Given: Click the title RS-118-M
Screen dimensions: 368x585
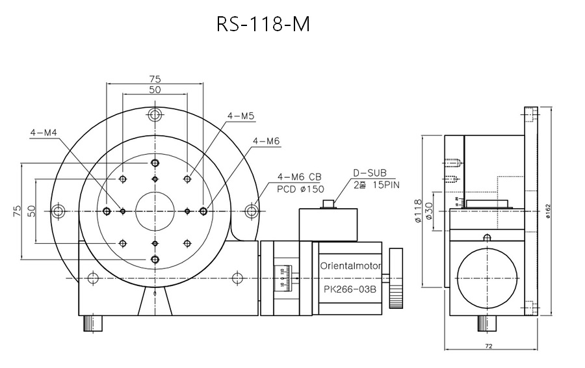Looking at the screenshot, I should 263,24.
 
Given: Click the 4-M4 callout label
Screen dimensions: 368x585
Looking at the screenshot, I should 44,133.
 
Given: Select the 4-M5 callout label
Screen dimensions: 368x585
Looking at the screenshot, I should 240,116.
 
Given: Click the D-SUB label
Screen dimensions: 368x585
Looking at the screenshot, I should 370,173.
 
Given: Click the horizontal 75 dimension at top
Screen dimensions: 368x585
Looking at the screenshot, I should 155,79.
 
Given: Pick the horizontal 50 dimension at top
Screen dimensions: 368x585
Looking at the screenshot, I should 155,90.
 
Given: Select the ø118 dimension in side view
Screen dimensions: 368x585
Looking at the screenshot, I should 417,211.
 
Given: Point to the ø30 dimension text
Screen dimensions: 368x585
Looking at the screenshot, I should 429,211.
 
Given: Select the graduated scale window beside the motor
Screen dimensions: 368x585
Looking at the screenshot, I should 283,278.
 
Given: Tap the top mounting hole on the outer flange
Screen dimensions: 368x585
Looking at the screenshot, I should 155,116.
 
